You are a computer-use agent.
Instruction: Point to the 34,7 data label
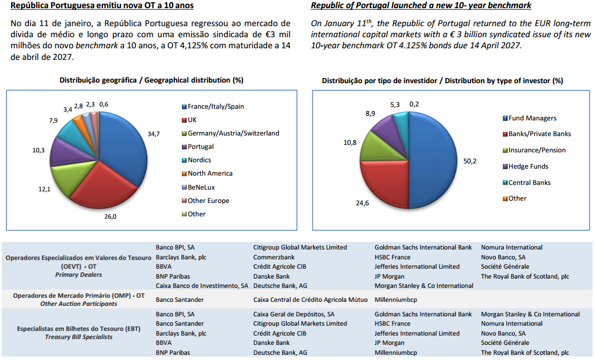(154, 134)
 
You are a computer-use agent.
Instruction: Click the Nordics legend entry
(199, 160)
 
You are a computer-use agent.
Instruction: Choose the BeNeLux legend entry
(201, 187)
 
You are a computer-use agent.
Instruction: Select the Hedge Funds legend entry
(528, 166)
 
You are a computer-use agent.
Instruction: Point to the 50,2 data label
(470, 161)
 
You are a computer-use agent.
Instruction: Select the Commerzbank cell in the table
(274, 257)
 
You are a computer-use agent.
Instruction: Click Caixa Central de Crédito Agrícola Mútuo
(311, 300)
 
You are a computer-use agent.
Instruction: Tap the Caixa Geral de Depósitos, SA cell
(294, 314)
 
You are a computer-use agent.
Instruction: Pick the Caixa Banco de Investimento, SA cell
(202, 286)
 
